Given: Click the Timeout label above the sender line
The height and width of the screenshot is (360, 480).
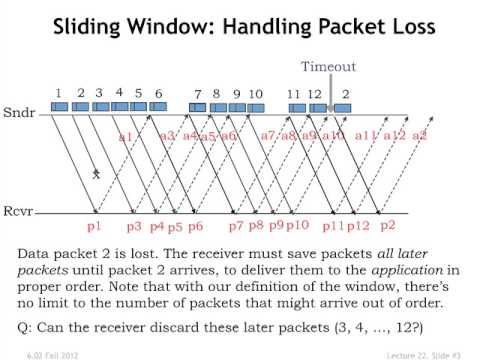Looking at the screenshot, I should [327, 66].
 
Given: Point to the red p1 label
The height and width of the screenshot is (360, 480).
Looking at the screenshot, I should [95, 226].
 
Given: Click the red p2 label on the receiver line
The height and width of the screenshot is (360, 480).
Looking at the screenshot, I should [388, 226].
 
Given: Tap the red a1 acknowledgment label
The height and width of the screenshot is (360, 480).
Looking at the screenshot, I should [126, 137].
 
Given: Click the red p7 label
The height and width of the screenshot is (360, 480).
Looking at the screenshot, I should [236, 226].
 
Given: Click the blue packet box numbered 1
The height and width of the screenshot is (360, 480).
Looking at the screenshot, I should [59, 106].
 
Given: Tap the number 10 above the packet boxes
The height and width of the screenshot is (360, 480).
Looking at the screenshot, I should [256, 94].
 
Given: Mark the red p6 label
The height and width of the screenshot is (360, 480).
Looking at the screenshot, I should [195, 226].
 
